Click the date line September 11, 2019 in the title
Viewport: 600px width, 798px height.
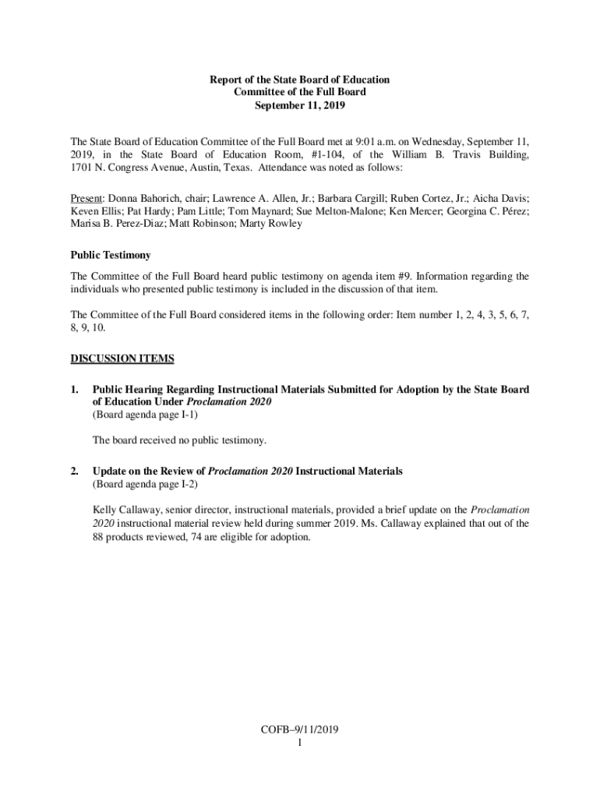coord(300,104)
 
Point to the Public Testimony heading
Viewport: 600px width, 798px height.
coord(111,255)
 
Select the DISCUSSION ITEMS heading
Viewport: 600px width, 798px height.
coord(122,358)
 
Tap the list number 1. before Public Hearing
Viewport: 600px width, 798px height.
coord(75,389)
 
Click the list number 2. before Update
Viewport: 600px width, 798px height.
coord(75,471)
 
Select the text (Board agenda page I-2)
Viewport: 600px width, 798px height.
coord(145,484)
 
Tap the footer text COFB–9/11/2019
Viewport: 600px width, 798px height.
coord(299,730)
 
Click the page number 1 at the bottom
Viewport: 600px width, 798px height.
coord(299,743)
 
